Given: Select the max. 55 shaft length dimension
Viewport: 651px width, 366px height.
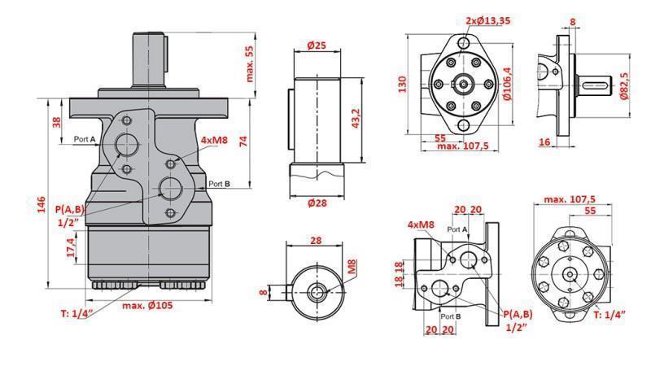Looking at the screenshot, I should click(x=249, y=63).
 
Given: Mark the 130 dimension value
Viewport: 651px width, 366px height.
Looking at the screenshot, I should click(x=402, y=85).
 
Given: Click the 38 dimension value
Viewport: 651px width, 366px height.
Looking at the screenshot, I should click(x=56, y=122).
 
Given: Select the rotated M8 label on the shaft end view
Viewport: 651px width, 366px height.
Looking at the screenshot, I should click(x=352, y=267).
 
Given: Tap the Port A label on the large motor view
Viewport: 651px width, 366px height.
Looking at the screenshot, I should click(x=85, y=139).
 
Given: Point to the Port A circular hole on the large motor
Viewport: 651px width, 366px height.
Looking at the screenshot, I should click(x=128, y=145).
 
